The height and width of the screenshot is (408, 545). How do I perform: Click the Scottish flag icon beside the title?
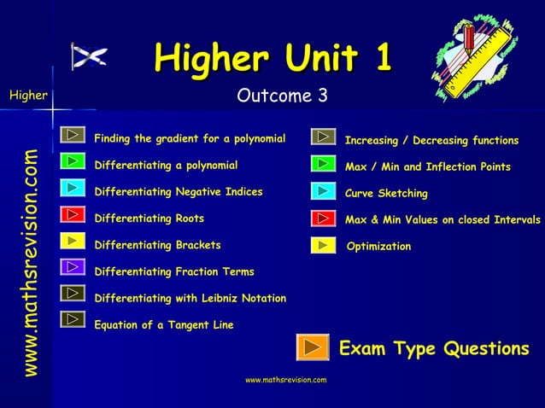89,57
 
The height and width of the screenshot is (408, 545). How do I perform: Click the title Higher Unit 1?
272,58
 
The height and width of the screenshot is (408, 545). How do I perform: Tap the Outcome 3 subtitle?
282,96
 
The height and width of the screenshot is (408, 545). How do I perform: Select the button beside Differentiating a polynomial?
73,160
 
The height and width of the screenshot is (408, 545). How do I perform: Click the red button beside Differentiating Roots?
73,214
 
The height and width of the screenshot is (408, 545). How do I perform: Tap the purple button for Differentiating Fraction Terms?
73,267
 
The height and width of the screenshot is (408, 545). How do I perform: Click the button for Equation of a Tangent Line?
73,320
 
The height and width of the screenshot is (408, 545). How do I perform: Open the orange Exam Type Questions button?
313,347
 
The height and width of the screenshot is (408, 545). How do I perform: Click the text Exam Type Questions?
434,348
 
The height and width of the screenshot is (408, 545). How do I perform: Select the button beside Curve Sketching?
323,190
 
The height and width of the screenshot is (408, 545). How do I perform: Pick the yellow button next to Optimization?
323,246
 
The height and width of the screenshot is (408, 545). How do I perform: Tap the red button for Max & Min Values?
323,218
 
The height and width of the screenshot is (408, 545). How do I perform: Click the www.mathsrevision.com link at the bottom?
285,379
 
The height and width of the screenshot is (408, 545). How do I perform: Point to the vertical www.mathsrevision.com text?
31,263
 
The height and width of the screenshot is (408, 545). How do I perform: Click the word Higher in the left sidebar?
28,96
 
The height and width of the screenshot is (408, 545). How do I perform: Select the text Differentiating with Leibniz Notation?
190,299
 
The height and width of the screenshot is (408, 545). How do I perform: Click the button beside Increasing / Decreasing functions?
323,137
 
